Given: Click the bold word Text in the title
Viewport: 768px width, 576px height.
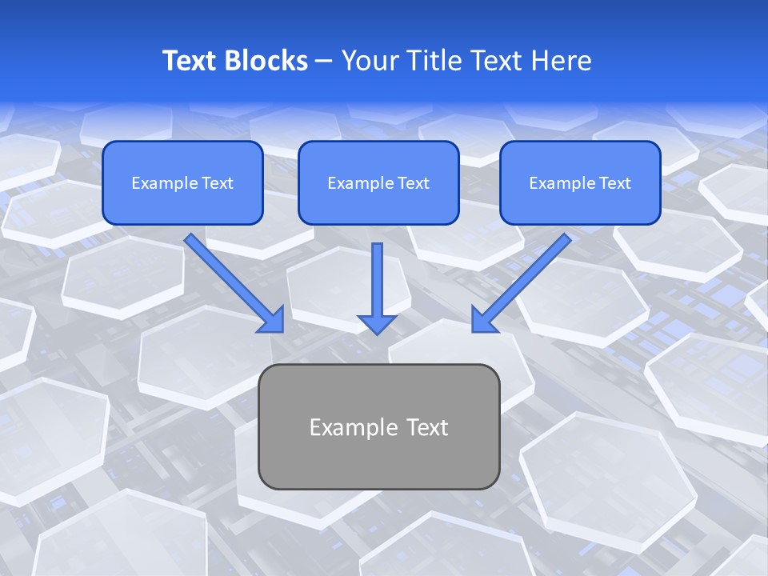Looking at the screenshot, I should [x=190, y=61].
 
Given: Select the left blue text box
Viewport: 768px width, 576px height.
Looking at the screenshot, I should [x=182, y=182].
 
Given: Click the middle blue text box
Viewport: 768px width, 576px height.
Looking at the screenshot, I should [x=378, y=182].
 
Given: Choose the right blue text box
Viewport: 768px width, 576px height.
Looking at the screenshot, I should [x=580, y=182].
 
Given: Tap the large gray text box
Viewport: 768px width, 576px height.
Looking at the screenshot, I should [x=378, y=426].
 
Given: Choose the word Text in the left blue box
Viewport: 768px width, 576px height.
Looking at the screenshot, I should [x=217, y=183].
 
